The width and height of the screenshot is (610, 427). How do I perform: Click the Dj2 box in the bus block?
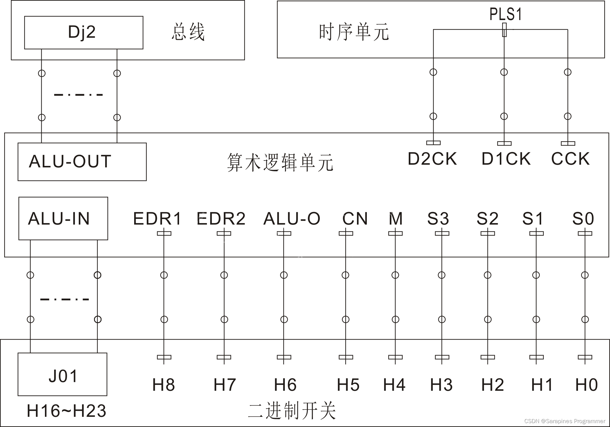click(84, 33)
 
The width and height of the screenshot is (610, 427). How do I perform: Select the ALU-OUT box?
click(82, 162)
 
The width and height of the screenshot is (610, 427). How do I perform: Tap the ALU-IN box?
click(63, 218)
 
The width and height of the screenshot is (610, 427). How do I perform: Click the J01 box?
click(63, 374)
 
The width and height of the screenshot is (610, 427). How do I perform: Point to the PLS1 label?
click(506, 14)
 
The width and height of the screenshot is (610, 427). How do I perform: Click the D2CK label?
click(432, 159)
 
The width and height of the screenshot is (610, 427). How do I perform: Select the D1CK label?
click(506, 159)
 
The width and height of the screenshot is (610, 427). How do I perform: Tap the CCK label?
click(570, 159)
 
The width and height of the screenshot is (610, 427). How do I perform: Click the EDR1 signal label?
click(158, 219)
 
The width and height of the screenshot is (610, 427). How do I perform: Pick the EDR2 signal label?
click(221, 219)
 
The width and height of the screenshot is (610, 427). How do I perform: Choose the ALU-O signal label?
click(292, 219)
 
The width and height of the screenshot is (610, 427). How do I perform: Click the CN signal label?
click(355, 219)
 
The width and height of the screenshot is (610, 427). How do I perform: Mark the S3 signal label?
click(438, 219)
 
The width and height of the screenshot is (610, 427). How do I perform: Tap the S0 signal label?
click(583, 219)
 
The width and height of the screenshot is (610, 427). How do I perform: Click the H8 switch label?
click(164, 385)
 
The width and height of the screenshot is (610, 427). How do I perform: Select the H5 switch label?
click(348, 385)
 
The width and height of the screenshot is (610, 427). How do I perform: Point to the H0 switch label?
click(586, 385)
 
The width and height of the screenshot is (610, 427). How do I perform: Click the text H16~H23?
click(66, 411)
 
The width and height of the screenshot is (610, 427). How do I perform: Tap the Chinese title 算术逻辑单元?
click(280, 163)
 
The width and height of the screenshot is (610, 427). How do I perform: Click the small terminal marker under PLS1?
click(504, 30)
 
